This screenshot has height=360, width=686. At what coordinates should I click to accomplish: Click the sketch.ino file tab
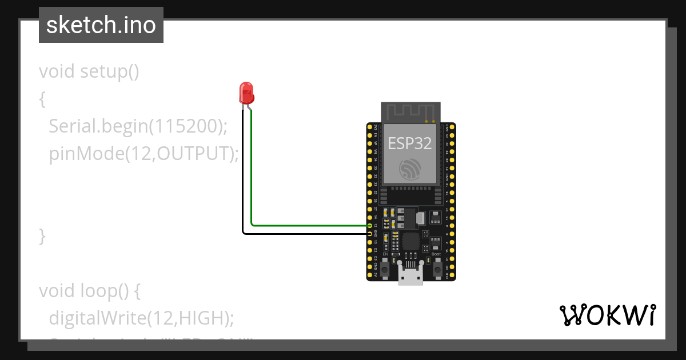[x=101, y=25]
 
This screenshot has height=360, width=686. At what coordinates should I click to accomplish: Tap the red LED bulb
[x=246, y=91]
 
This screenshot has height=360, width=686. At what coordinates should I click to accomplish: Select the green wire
[x=309, y=226]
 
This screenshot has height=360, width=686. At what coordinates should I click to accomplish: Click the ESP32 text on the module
[x=409, y=143]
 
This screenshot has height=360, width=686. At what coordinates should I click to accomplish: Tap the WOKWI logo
[x=607, y=315]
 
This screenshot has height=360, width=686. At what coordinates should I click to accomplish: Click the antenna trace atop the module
[x=411, y=112]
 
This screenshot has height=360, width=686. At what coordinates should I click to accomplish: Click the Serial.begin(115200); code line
[x=138, y=126]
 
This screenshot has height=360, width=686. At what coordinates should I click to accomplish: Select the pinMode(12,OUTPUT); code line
[x=143, y=153]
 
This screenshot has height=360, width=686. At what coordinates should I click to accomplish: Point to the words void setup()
[x=89, y=72]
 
